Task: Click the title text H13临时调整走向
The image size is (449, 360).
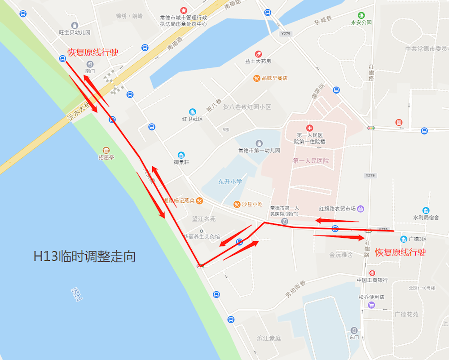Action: point(84,257)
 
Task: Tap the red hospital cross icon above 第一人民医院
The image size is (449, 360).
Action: point(309,128)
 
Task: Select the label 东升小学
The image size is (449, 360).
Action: point(230,182)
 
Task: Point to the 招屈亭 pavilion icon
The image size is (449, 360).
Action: point(106,150)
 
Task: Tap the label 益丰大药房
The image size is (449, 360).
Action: point(258,61)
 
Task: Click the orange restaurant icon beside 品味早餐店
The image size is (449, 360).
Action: point(256,78)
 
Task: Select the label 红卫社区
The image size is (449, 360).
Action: point(193,119)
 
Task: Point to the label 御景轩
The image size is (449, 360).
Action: point(181,162)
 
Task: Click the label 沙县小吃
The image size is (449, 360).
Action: point(252,204)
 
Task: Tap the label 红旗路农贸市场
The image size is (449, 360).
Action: point(337,209)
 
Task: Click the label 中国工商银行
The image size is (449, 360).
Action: point(372,280)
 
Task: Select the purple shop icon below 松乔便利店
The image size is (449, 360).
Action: point(371,305)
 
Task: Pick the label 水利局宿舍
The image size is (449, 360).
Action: point(426,218)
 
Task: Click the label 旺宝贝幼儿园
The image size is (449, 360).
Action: point(75,32)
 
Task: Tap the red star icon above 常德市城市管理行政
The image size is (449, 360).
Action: point(183,10)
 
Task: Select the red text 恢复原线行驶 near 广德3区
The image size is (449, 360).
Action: point(400,252)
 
